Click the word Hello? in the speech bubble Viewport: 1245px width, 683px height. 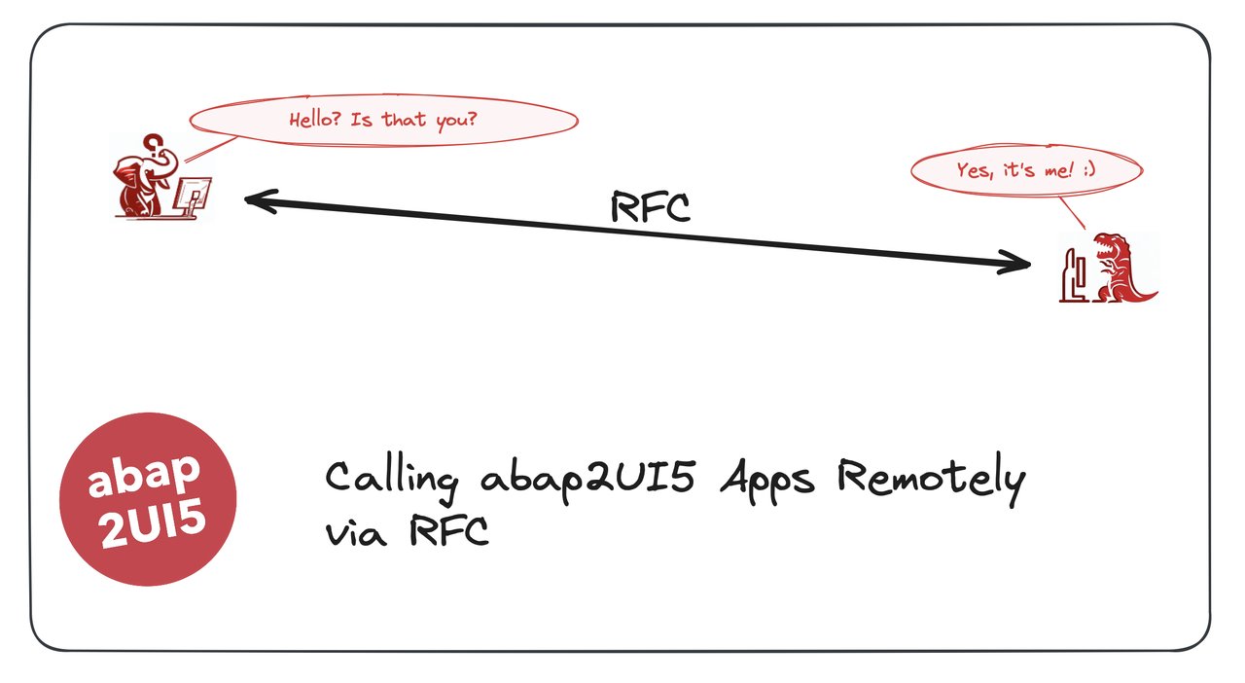[x=315, y=121]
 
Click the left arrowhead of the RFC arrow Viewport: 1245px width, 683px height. [x=251, y=199]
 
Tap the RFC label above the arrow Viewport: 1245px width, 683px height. [x=650, y=206]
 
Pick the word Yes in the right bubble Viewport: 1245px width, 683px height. [x=973, y=170]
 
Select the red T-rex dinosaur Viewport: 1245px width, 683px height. [x=1119, y=267]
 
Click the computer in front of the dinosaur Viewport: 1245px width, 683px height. [x=1074, y=276]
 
